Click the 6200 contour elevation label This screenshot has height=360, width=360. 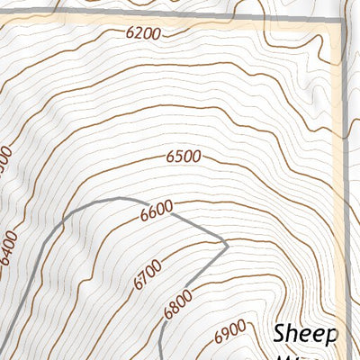tap(144, 34)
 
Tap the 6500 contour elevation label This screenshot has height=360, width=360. tap(184, 156)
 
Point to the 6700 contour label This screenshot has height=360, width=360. tap(147, 274)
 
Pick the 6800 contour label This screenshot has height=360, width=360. tap(179, 305)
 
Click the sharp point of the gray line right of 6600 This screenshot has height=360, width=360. tap(227, 243)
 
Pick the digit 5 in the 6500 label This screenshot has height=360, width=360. tap(177, 156)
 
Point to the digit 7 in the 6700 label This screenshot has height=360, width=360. tap(143, 277)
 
